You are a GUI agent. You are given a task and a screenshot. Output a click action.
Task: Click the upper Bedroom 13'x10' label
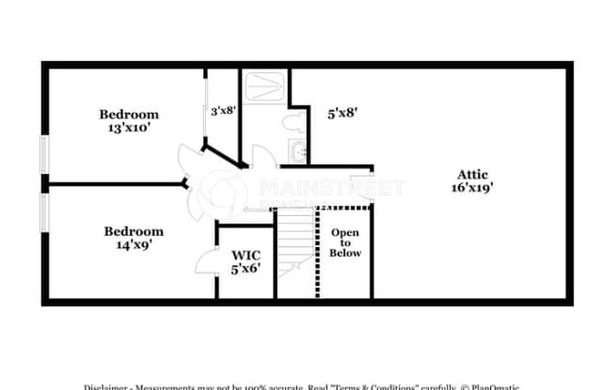[129, 121]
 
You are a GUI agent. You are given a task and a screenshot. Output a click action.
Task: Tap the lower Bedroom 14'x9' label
[133, 237]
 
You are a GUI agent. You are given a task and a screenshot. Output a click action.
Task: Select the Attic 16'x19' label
[472, 179]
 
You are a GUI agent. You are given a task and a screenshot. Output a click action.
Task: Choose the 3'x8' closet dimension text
[223, 110]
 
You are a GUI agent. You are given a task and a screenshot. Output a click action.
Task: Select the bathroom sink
[298, 150]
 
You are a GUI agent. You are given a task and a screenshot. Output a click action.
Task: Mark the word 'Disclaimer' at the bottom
[111, 386]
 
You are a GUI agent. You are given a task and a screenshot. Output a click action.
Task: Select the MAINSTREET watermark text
[320, 186]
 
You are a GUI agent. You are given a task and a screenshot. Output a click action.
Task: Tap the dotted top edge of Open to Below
[345, 207]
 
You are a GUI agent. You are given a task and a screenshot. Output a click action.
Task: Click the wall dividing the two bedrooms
[113, 184]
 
